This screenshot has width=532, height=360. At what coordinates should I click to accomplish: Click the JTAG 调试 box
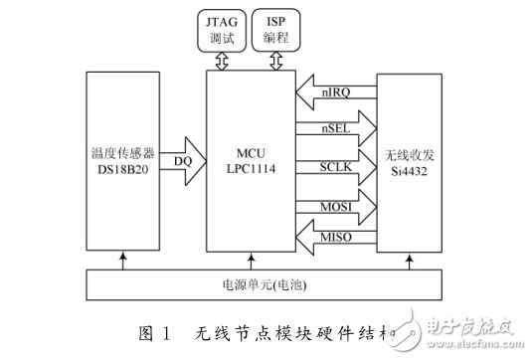(218, 30)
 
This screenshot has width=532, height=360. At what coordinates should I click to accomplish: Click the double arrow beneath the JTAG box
(219, 63)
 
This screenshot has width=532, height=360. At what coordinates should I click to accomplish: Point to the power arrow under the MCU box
(249, 262)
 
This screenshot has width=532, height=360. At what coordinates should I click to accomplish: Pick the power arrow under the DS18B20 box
(123, 262)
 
